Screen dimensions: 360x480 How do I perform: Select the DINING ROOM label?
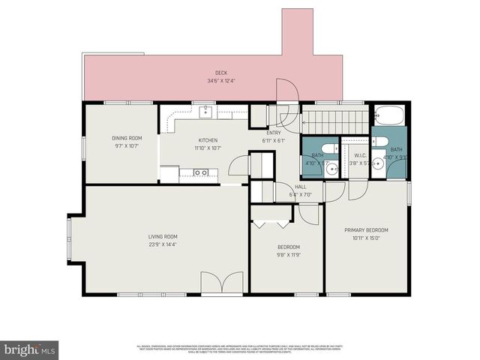point(127,138)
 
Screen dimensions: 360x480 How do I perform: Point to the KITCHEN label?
point(208,140)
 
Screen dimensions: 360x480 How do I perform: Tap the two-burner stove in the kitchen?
point(201,172)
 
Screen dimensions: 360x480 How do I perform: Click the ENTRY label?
point(274,133)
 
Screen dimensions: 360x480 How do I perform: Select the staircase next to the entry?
point(336,119)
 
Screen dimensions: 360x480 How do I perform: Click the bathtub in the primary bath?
point(388,116)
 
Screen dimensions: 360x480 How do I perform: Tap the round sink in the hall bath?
point(331,169)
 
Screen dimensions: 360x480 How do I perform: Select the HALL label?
point(300,187)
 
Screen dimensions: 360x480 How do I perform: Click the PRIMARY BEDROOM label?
point(366,229)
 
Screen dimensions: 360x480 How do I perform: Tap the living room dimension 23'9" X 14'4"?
point(162,244)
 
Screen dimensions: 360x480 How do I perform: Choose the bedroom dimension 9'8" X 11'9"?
point(289,255)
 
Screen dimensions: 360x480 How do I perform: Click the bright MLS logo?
point(29,349)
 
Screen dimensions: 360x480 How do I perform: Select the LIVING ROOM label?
point(162,236)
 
